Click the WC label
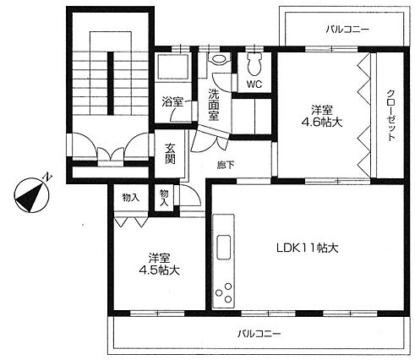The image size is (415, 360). (254, 84)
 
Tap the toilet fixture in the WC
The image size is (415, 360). (254, 63)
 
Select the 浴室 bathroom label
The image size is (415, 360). (172, 101)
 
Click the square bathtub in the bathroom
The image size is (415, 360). (172, 67)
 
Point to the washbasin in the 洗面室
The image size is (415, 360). (220, 59)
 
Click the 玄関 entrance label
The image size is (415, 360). (170, 154)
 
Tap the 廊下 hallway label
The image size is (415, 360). (226, 165)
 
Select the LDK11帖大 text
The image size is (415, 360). (307, 248)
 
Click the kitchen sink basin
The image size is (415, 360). (224, 247)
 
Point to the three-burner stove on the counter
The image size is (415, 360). (224, 293)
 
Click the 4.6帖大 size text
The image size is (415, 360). (322, 123)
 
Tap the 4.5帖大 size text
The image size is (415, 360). (159, 270)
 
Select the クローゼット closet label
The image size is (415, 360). (390, 116)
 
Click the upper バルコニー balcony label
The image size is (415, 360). (347, 30)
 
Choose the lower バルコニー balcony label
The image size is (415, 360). (259, 334)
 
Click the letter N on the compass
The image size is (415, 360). (47, 177)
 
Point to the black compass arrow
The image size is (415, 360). (30, 197)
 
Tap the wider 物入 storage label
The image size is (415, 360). (131, 198)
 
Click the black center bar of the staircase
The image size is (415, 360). (111, 84)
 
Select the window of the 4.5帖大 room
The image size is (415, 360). (157, 313)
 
